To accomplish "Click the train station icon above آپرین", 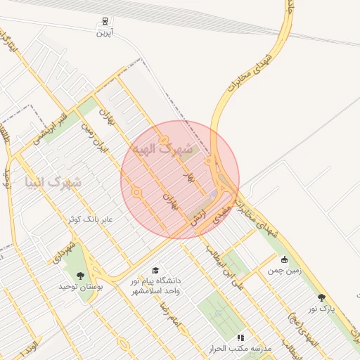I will point(105,21).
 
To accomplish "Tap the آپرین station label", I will point(105,33).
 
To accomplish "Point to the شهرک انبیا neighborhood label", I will point(53,183).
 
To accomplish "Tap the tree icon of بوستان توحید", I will point(80,275).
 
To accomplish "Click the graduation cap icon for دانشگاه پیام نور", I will point(155,270).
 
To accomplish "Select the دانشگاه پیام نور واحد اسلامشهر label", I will point(155,285).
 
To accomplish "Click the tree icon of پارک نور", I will point(322,297).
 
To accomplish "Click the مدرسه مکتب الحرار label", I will point(239,349).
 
